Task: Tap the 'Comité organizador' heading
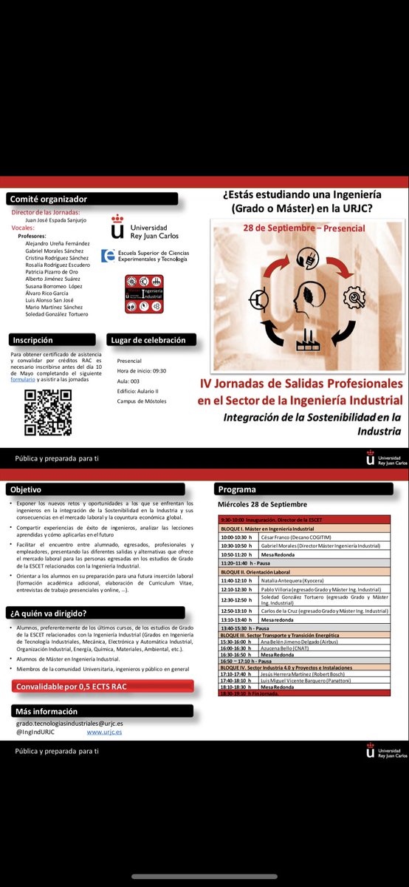[49, 199]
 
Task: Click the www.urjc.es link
[104, 732]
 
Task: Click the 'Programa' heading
[237, 489]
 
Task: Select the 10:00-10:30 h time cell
[238, 537]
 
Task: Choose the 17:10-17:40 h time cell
[237, 674]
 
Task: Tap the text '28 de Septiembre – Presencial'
[303, 228]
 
